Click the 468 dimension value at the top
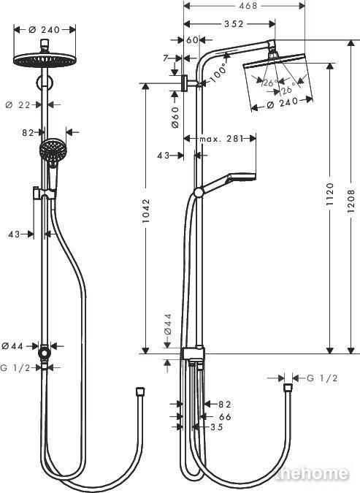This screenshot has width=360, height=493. tap(248, 6)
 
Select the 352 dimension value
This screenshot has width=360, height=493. tap(234, 24)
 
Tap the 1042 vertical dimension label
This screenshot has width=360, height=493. tap(146, 211)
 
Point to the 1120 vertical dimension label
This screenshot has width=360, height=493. tap(329, 194)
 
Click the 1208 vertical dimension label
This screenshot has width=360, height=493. tap(351, 201)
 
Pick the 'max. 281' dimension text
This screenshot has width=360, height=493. tap(222, 139)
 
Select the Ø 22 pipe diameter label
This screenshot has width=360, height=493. tap(18, 104)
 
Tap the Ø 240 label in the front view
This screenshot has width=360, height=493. tap(44, 29)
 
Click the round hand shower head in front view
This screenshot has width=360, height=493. tap(53, 150)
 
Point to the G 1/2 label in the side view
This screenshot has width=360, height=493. tap(322, 378)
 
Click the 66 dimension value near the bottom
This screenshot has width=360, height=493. tap(225, 417)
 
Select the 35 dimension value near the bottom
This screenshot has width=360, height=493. tap(216, 427)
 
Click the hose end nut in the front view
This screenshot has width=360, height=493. tap(140, 391)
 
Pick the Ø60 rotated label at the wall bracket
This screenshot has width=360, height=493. tap(175, 117)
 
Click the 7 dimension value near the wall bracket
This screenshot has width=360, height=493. tap(166, 58)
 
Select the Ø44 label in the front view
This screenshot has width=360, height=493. tap(12, 346)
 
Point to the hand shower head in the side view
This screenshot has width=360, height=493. tap(242, 177)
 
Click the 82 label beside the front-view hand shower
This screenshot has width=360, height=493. tap(28, 133)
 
